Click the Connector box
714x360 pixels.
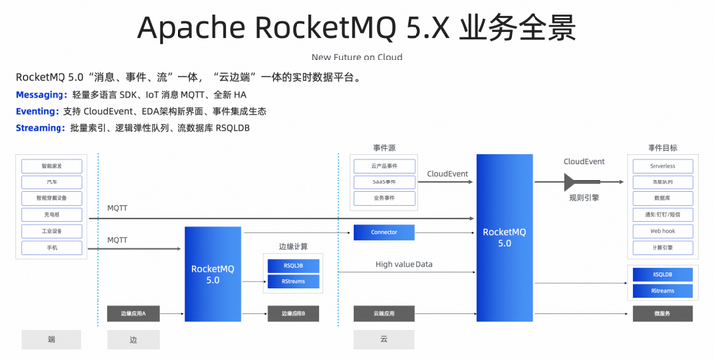(384, 232)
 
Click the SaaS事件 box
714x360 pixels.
(383, 182)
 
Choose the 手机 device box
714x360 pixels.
(51, 246)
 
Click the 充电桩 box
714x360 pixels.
(51, 214)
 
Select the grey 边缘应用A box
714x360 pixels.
(133, 313)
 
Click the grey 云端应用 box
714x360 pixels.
(383, 313)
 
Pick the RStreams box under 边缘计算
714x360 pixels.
(294, 282)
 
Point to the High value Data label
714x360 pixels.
(404, 264)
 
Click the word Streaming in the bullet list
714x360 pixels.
(40, 128)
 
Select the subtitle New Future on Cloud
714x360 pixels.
(356, 57)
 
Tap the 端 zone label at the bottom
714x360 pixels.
(51, 338)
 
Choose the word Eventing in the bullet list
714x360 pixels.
(38, 111)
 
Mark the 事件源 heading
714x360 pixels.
(384, 148)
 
